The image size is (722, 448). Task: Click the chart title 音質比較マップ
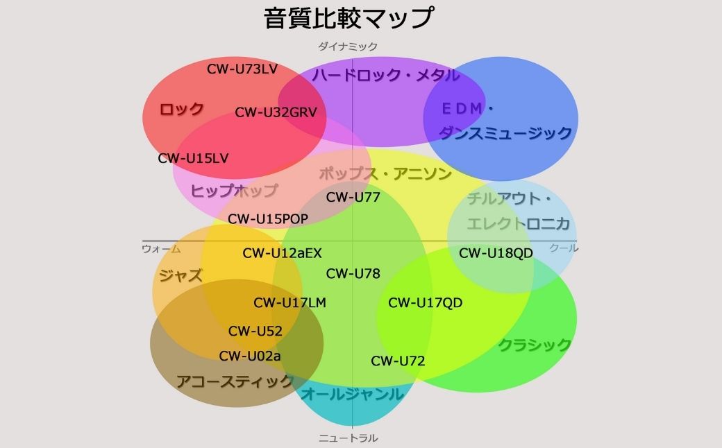coord(349,18)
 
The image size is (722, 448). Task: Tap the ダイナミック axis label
coord(348,46)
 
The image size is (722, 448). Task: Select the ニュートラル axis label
coord(348,438)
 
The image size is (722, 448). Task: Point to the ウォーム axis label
coord(161,249)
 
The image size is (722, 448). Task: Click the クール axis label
coord(564,248)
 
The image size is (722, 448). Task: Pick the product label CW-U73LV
coord(242,69)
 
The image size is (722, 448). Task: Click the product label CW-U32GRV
coord(276,112)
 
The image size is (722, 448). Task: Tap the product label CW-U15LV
coord(194,158)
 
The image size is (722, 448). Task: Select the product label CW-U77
coord(353,198)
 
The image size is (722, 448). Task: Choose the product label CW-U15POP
coord(268,219)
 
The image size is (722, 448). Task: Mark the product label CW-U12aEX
coord(283,253)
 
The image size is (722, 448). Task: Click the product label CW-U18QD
coord(496,253)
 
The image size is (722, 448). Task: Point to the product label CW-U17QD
coord(426,302)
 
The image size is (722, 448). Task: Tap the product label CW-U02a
coord(250,356)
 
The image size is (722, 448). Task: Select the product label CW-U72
coord(398,361)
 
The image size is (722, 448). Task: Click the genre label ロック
coord(181,110)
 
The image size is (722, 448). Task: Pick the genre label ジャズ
coord(180,275)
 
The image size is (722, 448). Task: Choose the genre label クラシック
coord(535,345)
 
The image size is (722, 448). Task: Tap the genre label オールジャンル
coord(352,394)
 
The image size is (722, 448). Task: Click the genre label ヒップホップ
coord(235,191)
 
